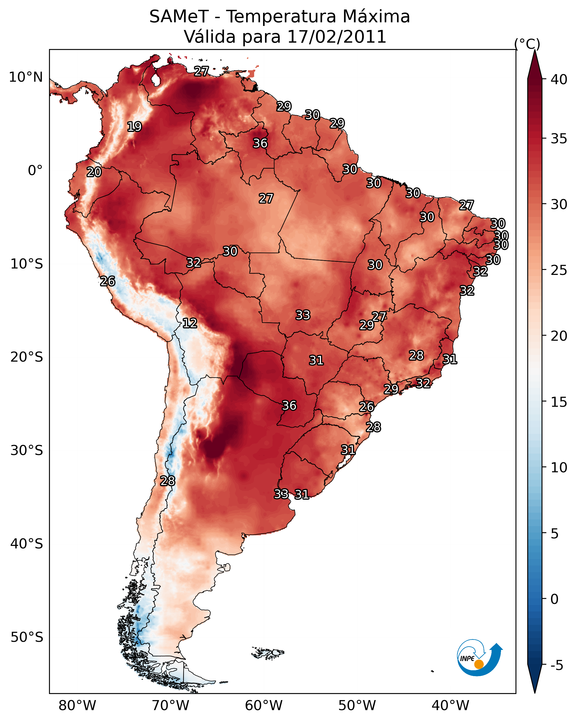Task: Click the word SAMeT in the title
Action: point(179,16)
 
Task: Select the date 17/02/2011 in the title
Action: point(337,37)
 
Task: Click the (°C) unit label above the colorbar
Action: point(527,44)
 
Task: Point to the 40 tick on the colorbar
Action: point(559,79)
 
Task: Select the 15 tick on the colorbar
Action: point(559,402)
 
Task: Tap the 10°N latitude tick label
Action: point(26,77)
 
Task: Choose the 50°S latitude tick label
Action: point(27,637)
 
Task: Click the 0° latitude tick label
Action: point(35,171)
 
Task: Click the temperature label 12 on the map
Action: point(190,323)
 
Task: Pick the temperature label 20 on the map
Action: point(94,172)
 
